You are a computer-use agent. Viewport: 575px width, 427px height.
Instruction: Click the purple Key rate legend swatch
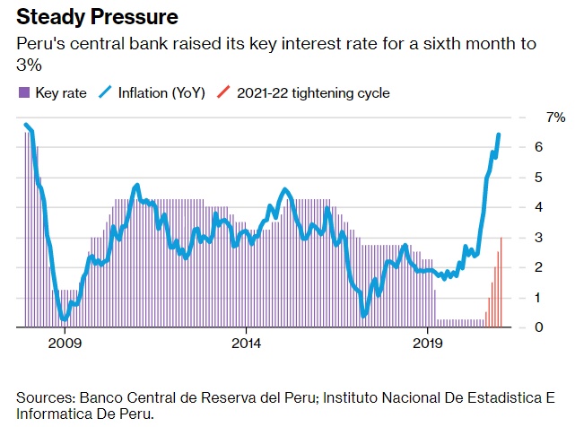pyautogui.click(x=23, y=92)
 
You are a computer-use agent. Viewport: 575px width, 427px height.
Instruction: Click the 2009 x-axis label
pyautogui.click(x=65, y=343)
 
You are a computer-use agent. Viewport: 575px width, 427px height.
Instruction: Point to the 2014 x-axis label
pyautogui.click(x=246, y=343)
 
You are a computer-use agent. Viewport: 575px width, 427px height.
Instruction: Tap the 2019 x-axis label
pyautogui.click(x=427, y=343)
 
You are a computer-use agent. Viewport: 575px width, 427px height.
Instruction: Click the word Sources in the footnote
pyautogui.click(x=45, y=396)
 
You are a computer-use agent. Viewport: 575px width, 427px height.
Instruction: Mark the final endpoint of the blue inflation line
pyautogui.click(x=499, y=135)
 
